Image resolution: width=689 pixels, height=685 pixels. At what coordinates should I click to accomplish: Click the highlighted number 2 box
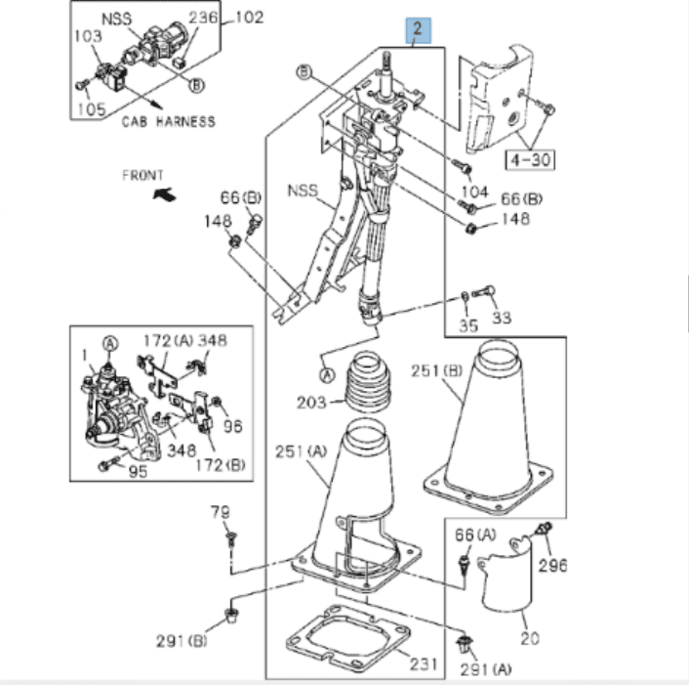(418, 29)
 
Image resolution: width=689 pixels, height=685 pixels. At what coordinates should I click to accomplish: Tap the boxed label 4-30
(528, 156)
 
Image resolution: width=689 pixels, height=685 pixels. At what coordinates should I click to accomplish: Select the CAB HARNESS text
(169, 121)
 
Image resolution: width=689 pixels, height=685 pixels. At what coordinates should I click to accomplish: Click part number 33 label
(502, 318)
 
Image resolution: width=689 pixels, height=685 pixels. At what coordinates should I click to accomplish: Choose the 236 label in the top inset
(203, 18)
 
